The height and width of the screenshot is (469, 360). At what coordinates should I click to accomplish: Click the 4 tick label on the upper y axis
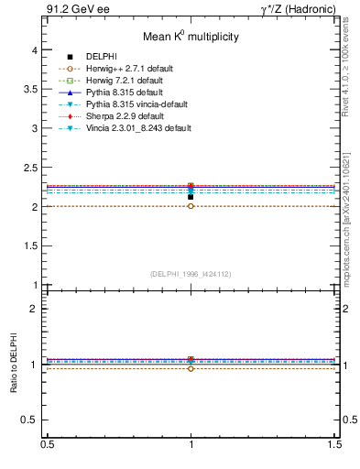coord(34,51)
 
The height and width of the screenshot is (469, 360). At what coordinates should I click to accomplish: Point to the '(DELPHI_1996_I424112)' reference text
coord(190,274)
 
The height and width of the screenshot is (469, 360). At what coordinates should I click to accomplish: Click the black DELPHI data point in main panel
coord(191,197)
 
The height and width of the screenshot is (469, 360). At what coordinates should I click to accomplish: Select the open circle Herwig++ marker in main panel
coord(191,206)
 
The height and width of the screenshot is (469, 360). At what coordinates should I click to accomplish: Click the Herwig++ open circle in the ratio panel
coord(191,368)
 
